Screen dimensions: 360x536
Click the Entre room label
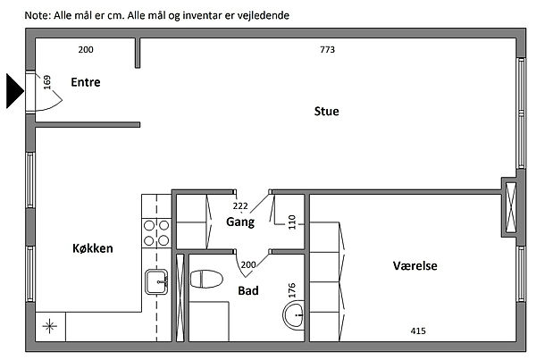(x=86, y=83)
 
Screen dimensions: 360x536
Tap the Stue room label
(x=327, y=112)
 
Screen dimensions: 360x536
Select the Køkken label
(x=92, y=249)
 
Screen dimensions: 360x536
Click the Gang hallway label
(x=240, y=222)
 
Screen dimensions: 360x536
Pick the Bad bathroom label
(x=248, y=290)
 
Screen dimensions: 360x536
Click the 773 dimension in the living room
(x=327, y=50)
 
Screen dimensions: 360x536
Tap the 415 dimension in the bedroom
(x=417, y=331)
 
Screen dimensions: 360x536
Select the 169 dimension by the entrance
(x=47, y=85)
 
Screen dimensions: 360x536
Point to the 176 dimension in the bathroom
(x=291, y=291)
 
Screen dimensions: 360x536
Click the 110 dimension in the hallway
(x=291, y=221)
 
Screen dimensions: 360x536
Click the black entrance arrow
(x=15, y=91)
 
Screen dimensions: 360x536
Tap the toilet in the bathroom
(x=206, y=278)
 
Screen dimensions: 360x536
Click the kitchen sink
(x=157, y=284)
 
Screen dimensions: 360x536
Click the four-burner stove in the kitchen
(x=157, y=232)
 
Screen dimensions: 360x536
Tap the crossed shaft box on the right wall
(x=510, y=206)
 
